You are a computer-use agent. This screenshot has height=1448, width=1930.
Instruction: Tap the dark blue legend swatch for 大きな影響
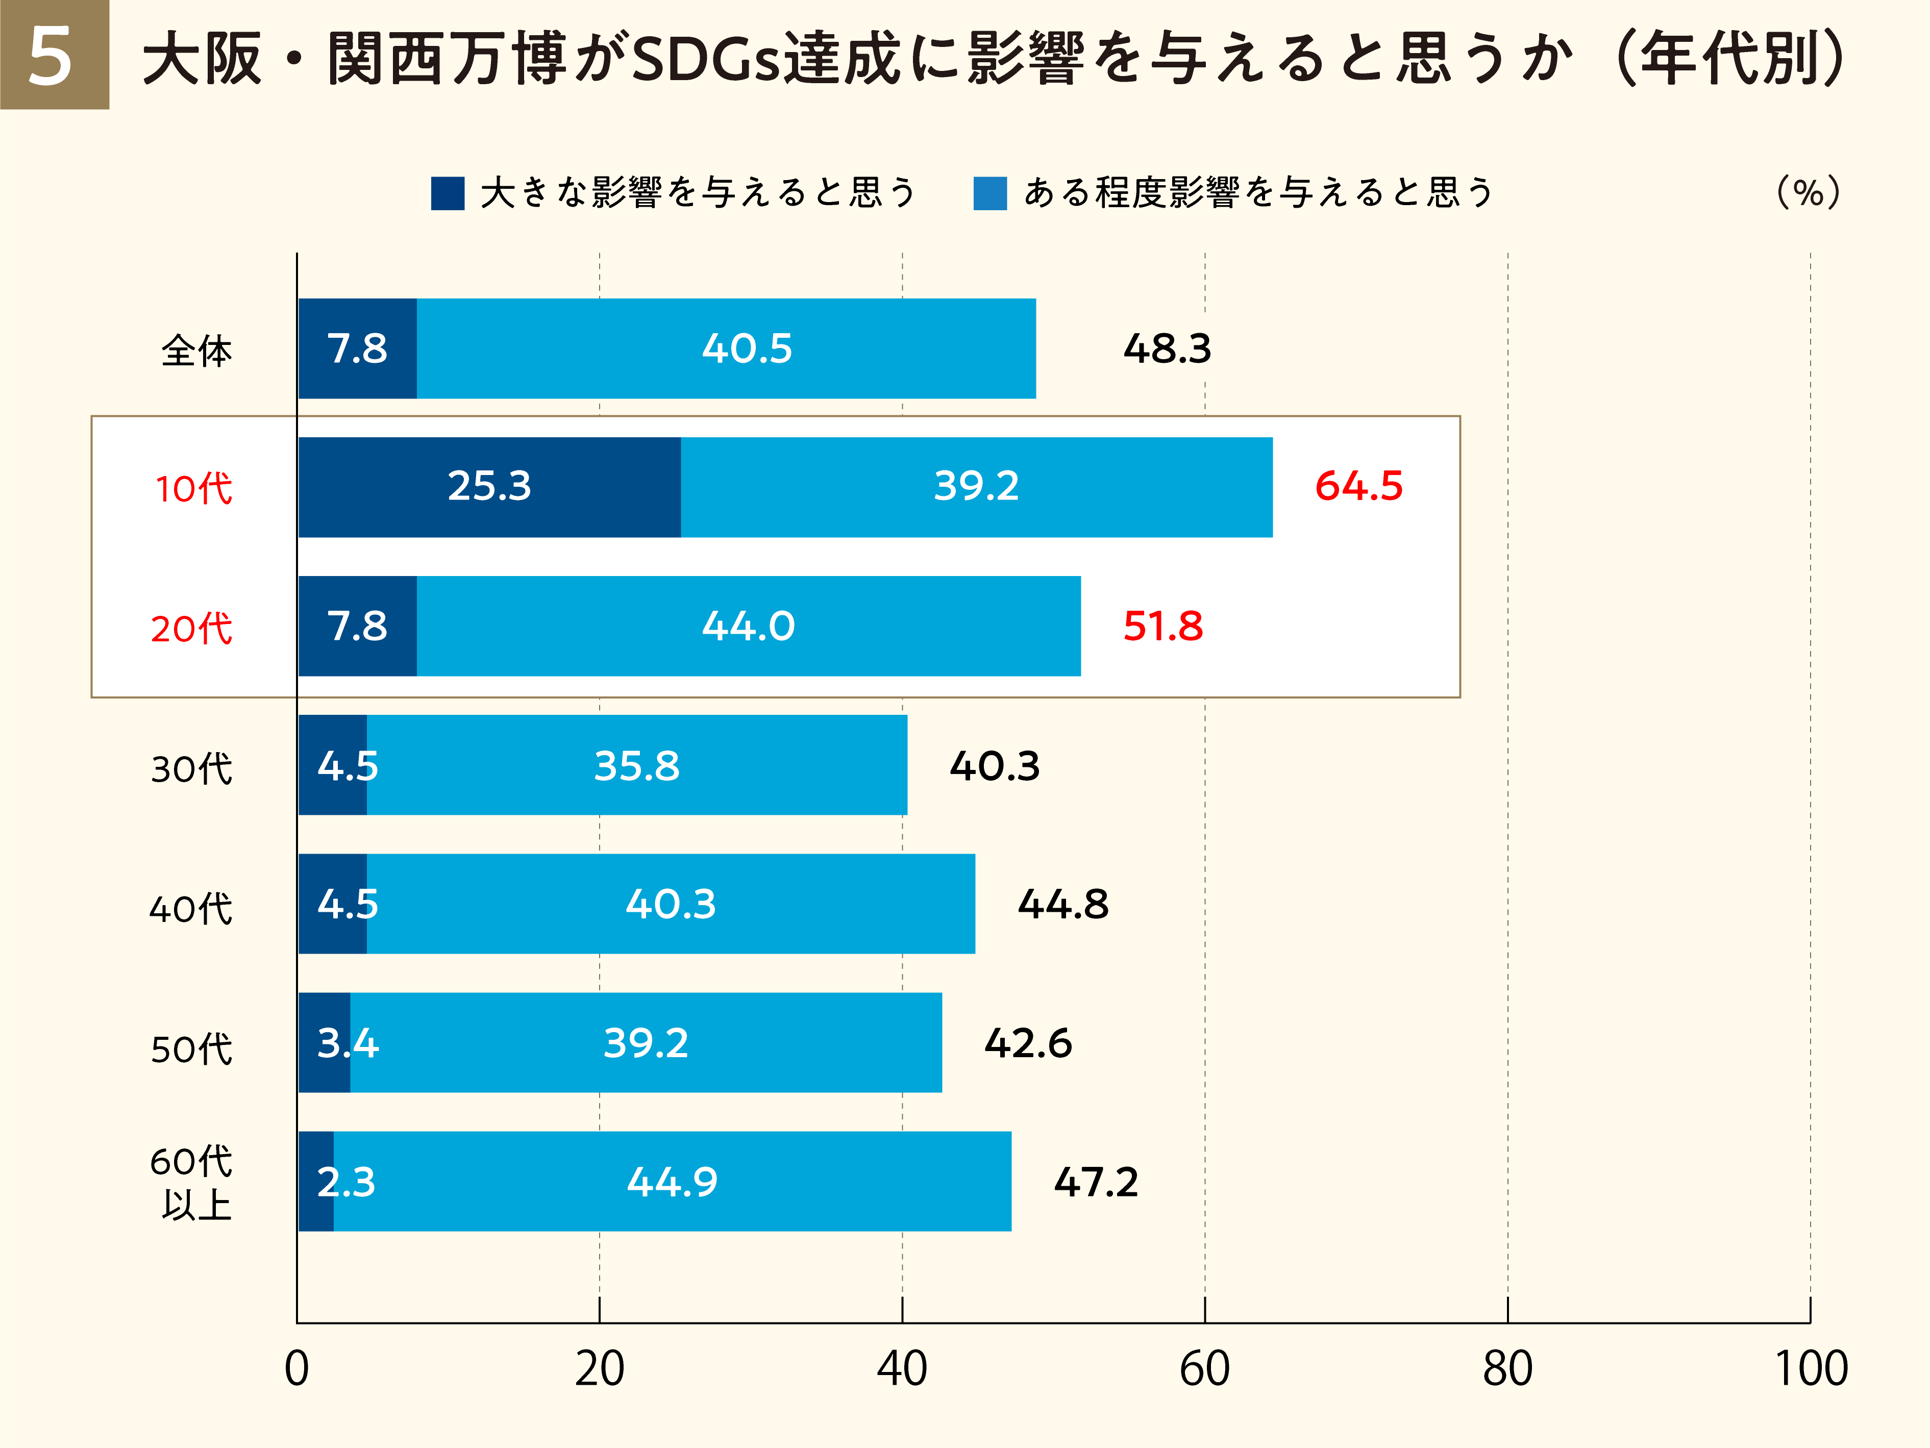(x=448, y=193)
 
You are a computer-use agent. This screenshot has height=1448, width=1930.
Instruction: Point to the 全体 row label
(x=196, y=351)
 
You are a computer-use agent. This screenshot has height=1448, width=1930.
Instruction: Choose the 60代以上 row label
(x=192, y=1183)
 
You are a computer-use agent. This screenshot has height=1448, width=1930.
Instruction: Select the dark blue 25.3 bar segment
(x=489, y=487)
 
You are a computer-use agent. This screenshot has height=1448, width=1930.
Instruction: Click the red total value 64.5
(x=1358, y=486)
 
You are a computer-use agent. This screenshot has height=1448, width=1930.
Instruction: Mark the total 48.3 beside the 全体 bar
(x=1167, y=349)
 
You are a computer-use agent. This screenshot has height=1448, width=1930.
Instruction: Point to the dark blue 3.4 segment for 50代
(x=325, y=1042)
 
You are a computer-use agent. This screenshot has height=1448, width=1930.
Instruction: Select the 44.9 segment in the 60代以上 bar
(x=672, y=1182)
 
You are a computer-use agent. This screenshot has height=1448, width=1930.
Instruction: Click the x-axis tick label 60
(x=1204, y=1368)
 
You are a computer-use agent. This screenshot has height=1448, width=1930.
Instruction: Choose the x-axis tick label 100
(x=1811, y=1368)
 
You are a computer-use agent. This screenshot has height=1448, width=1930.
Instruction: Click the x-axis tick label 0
(x=296, y=1368)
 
